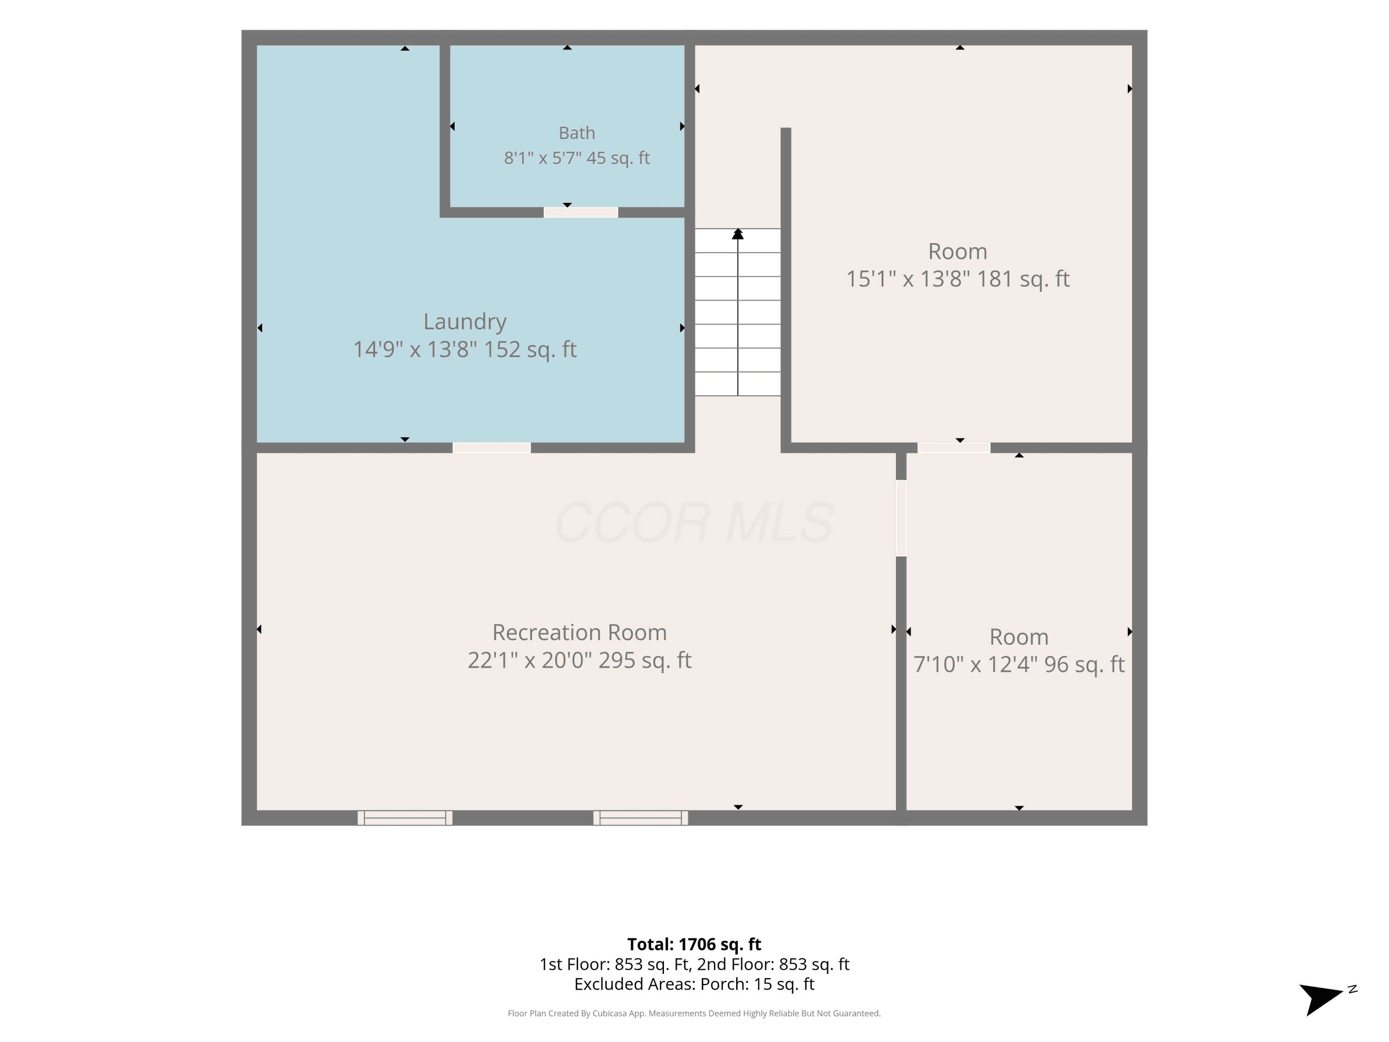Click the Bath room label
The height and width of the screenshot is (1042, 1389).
(576, 133)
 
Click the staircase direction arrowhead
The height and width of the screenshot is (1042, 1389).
(738, 234)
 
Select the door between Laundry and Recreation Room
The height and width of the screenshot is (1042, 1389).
(492, 448)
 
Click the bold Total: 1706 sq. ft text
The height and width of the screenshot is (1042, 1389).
(694, 944)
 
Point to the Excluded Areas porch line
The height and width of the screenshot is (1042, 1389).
(694, 984)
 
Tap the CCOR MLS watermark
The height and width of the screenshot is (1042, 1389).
(694, 522)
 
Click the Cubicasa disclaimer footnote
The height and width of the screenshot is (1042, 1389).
(694, 1013)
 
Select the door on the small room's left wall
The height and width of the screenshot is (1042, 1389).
(901, 518)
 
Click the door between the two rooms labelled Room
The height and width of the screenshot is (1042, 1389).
(954, 448)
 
